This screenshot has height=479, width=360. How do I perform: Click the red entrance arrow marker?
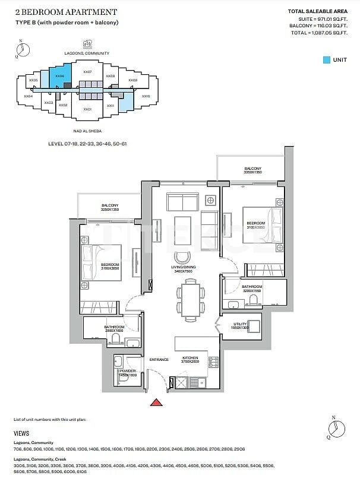[156, 403]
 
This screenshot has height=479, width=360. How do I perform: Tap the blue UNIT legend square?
[327, 60]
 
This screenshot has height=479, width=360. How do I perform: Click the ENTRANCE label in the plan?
[159, 360]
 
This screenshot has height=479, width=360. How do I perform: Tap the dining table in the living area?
[190, 299]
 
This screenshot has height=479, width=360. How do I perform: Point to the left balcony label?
[110, 207]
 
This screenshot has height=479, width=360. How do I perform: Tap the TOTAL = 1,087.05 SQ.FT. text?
[318, 33]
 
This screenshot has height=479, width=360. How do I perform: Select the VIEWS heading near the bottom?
[21, 434]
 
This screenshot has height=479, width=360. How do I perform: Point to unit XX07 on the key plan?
[87, 72]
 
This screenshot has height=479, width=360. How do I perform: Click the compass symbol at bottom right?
[337, 426]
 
